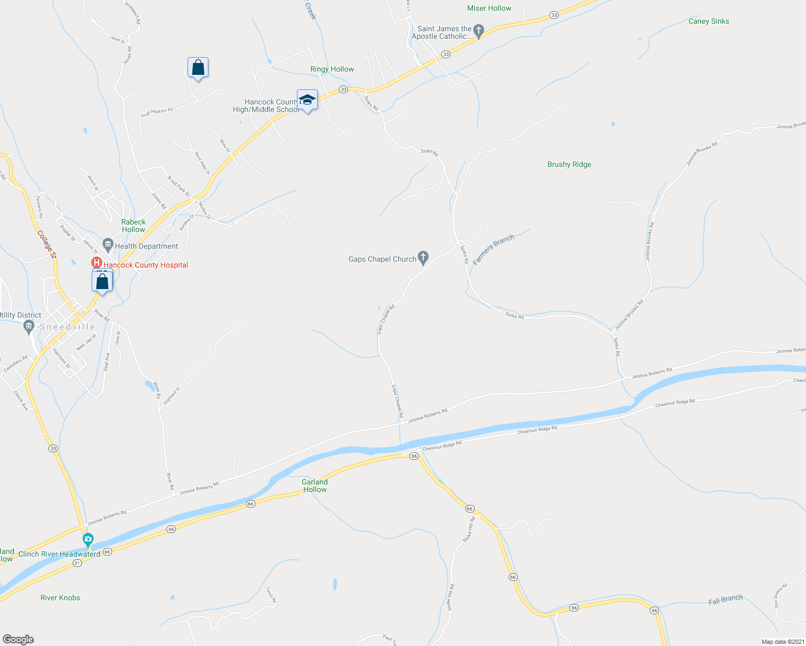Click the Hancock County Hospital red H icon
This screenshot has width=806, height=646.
pos(96,263)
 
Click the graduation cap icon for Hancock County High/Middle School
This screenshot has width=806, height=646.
pos(307,100)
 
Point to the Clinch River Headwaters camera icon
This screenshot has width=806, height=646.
pos(88,539)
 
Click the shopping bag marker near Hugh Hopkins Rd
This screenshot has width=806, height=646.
pos(198,68)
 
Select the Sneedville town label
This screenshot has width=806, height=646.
pos(67,327)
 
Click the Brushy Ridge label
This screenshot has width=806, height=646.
pos(569,164)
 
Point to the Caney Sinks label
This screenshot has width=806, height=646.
pos(708,21)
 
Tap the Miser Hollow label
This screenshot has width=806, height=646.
pos(489,8)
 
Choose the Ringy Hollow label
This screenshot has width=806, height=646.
pos(332,69)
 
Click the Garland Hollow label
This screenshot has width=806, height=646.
pos(315,486)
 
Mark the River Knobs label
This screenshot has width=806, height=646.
pos(60,598)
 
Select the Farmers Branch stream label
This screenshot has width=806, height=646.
pos(494,249)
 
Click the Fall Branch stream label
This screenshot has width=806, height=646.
pos(725,600)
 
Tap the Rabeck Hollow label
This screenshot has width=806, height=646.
pos(134,226)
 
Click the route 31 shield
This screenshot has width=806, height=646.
pos(77,563)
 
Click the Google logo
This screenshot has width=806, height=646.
pos(18,640)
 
